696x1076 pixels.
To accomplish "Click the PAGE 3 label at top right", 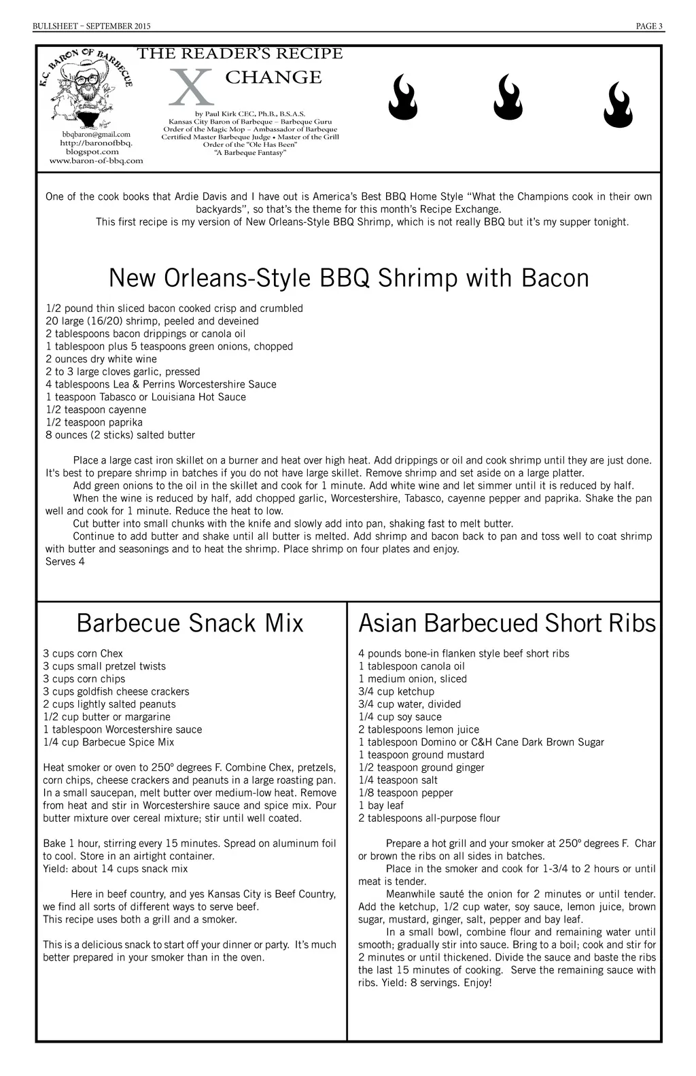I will tap(649, 27).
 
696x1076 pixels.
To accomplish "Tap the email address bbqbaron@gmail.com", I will tap(96, 135).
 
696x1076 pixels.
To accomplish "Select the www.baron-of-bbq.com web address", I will tap(97, 161).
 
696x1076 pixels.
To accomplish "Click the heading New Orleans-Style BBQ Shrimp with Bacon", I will tap(349, 278).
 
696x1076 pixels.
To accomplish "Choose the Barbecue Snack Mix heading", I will tap(190, 623).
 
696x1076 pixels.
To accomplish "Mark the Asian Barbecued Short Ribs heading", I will tap(507, 623).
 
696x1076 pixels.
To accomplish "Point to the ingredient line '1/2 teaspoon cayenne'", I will tap(96, 410).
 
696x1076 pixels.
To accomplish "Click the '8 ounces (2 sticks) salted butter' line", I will tap(120, 435).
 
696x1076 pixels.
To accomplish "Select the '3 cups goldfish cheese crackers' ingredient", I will tap(116, 692).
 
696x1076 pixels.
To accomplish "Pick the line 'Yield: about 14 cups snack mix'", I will tap(116, 869).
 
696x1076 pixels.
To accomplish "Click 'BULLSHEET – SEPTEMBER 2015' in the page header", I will tap(92, 27).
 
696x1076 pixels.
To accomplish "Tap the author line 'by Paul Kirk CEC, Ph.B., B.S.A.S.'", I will tap(250, 114).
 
